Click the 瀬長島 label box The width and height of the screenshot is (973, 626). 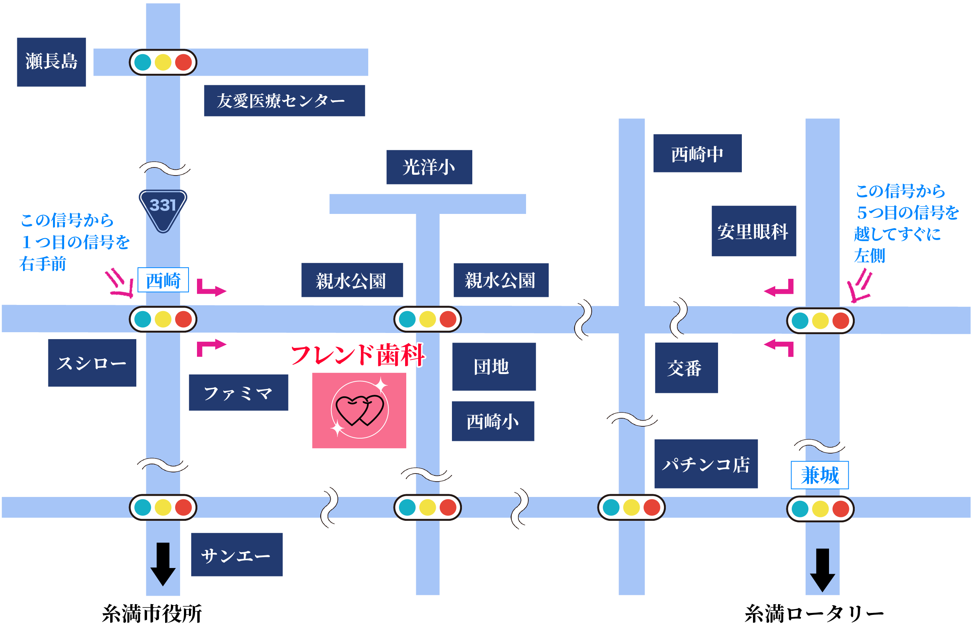click(51, 62)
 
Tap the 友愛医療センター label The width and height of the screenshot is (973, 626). click(284, 100)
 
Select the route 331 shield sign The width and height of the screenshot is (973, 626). click(163, 209)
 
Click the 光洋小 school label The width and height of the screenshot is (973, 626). click(429, 167)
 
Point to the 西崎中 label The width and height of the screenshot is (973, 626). click(697, 153)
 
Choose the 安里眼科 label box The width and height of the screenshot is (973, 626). click(753, 231)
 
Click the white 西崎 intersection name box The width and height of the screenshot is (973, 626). click(163, 280)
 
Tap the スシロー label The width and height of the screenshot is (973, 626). click(92, 363)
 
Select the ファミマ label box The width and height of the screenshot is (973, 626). click(238, 392)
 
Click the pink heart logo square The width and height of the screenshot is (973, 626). click(359, 410)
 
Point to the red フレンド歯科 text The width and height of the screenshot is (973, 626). click(357, 354)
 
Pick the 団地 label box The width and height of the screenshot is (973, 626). click(493, 366)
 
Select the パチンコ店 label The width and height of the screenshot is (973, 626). click(706, 464)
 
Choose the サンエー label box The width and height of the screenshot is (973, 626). click(237, 554)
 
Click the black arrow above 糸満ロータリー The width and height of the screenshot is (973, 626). click(822, 570)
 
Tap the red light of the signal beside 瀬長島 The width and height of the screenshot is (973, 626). click(183, 62)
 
